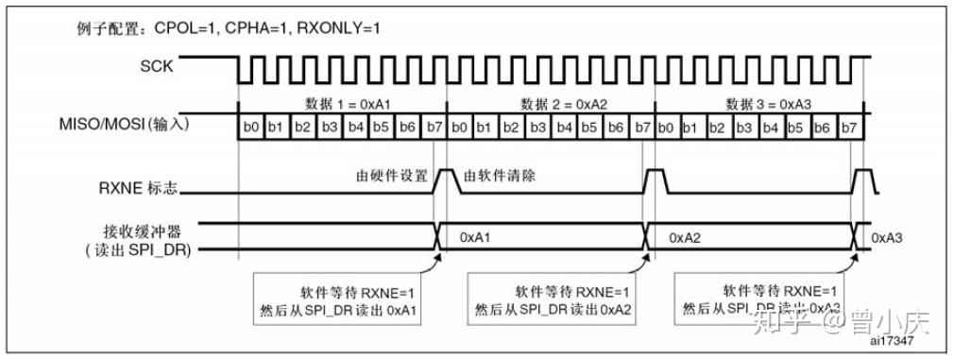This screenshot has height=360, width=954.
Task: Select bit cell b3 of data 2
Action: click(x=537, y=127)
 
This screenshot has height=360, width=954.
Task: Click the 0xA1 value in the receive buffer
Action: click(x=475, y=238)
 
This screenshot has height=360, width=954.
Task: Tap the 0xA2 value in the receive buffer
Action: click(x=684, y=238)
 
